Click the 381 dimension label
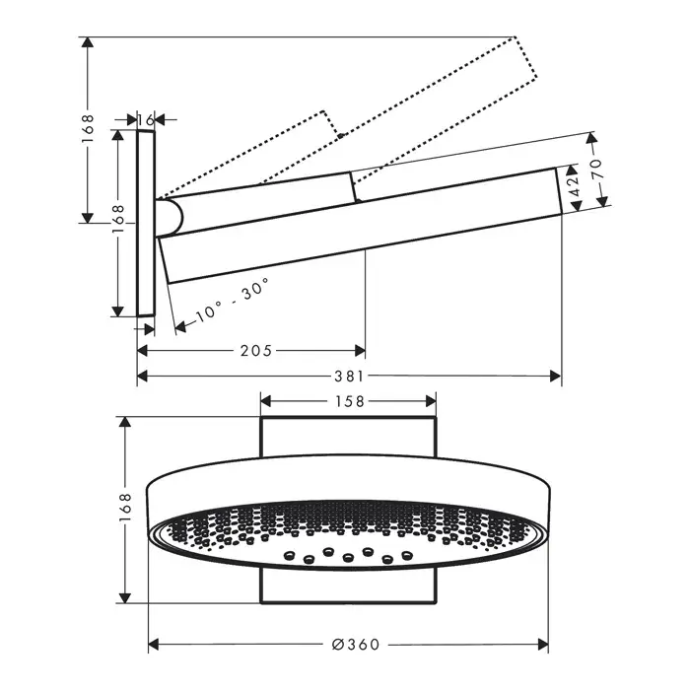(x=349, y=377)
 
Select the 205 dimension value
(x=256, y=351)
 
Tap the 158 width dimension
(x=350, y=401)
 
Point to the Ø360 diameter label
(x=356, y=645)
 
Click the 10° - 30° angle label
(x=232, y=300)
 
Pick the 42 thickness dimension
(x=575, y=187)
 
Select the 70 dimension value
(x=596, y=169)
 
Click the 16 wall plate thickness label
(x=145, y=119)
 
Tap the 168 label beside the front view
(x=125, y=508)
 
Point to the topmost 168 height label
(x=88, y=128)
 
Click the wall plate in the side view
(x=146, y=223)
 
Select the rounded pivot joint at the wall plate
(x=169, y=218)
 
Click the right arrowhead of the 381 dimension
(x=556, y=377)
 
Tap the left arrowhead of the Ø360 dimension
(x=154, y=645)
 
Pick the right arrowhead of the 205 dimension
(x=360, y=351)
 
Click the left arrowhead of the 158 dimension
(x=266, y=401)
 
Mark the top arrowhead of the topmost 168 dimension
(x=88, y=42)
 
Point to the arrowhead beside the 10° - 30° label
(x=180, y=326)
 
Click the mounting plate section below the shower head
(x=349, y=586)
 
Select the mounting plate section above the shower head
(x=349, y=437)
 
